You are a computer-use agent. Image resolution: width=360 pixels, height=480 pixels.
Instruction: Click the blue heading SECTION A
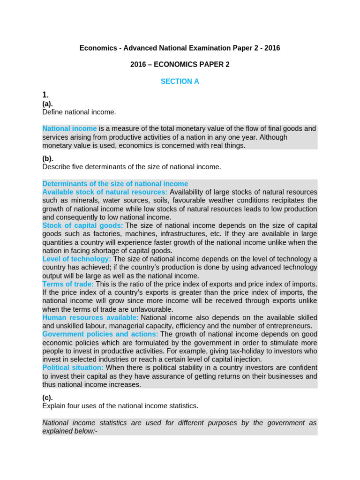pos(180,81)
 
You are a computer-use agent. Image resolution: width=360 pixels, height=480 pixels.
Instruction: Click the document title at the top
pos(180,48)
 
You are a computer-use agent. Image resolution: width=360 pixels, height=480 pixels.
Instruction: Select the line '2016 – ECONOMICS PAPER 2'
pos(180,64)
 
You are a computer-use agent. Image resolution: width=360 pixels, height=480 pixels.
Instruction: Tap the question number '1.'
pos(45,95)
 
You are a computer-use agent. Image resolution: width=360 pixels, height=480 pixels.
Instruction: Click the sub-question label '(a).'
pos(47,104)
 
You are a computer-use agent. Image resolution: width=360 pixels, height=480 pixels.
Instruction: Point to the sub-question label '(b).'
pos(48,158)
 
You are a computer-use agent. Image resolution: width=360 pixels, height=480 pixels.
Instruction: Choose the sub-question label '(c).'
pos(47,397)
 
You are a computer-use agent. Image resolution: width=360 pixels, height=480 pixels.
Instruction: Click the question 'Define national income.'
pos(79,112)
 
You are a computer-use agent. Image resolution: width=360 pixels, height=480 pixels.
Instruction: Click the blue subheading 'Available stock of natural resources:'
pos(105,192)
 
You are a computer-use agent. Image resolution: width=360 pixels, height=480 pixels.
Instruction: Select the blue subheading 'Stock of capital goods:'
pos(82,225)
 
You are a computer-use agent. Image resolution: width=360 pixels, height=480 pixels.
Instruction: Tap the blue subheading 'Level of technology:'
pos(77,259)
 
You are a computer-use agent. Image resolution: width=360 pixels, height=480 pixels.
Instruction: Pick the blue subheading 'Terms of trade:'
pos(68,284)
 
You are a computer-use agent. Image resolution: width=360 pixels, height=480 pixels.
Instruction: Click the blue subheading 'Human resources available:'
pos(90,317)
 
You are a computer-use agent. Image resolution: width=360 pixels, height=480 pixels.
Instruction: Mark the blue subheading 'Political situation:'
pos(73,367)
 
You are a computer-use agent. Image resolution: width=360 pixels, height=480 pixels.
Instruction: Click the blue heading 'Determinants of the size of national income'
pos(115,184)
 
